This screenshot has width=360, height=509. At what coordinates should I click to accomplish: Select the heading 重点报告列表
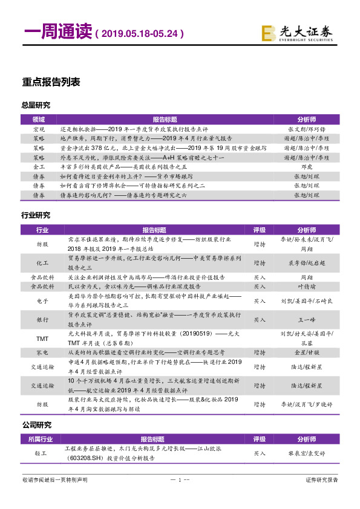coord(51,82)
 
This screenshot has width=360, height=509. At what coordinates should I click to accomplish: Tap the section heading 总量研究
coord(36,106)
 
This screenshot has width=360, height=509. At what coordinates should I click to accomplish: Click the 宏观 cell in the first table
coord(39,129)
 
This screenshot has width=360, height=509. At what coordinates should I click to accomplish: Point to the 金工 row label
coord(39,165)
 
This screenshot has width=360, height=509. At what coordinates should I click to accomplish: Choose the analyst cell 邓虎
coord(307,165)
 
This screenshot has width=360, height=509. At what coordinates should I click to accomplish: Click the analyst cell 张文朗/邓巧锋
coord(307,129)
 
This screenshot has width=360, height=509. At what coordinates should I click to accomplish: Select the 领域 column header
coord(39,119)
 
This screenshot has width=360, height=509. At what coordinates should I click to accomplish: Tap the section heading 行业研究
coord(36,215)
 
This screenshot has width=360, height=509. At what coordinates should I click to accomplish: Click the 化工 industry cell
coord(42,262)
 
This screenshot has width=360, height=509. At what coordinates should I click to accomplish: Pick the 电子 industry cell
coord(42,300)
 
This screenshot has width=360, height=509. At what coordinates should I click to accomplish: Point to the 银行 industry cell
coord(42,319)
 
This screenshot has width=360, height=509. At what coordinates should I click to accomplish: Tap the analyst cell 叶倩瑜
coord(307,287)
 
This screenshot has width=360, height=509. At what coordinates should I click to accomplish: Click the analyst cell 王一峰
coord(307,319)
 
